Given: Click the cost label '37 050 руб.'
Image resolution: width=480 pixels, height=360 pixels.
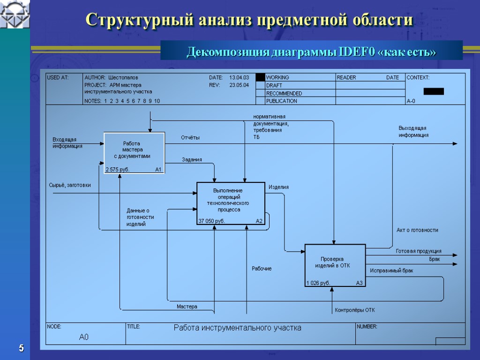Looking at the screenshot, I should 211,221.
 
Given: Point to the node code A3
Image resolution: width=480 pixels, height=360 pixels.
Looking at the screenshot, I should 360,283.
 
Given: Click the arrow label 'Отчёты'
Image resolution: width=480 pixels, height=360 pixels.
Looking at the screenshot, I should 190,138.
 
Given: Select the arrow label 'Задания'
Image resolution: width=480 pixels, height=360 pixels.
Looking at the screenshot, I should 192,160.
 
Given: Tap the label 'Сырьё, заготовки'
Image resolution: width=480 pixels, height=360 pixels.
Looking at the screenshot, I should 70,186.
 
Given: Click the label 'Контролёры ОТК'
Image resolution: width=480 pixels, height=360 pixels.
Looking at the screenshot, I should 355,310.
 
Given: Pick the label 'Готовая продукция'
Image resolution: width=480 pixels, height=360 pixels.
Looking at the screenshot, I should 419,251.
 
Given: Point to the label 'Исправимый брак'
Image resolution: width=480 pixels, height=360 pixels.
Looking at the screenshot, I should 391,270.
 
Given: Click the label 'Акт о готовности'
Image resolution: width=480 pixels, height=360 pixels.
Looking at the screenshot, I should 417,230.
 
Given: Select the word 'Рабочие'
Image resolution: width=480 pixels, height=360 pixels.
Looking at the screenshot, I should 262,269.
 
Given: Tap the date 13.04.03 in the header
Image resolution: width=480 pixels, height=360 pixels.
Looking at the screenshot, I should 239,77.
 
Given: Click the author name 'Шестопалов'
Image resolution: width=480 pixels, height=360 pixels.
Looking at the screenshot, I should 123,77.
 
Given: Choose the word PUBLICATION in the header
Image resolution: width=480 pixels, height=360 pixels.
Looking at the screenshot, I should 282,101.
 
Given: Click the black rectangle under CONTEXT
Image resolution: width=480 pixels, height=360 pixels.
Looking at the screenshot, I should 434,91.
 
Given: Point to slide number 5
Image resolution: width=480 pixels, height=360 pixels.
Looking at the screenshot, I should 21,348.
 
